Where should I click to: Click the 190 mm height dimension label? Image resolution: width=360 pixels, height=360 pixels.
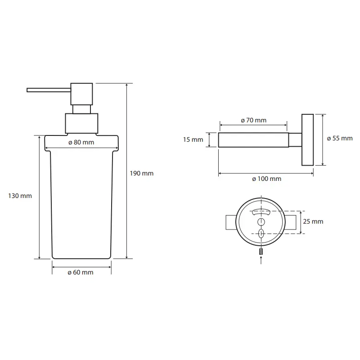(141, 173)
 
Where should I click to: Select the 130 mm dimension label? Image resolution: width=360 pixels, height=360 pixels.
(20, 196)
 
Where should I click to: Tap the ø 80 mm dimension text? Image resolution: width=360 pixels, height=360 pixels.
(81, 142)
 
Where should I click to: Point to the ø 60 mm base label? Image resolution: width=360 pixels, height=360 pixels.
(81, 273)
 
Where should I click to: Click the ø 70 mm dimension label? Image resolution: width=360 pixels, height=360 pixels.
(254, 120)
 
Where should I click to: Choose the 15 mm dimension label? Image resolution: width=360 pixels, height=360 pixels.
(193, 139)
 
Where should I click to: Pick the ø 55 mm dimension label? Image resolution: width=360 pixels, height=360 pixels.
(340, 139)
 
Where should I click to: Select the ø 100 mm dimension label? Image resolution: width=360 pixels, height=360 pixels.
(266, 179)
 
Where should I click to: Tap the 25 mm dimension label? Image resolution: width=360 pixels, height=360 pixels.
(313, 221)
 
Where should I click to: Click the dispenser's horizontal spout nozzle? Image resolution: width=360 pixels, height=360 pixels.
(49, 90)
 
